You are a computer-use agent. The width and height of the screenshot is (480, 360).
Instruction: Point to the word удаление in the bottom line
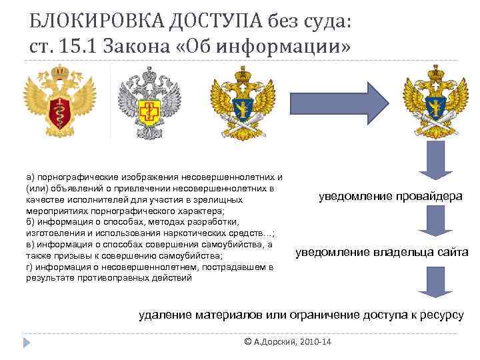(x=163, y=314)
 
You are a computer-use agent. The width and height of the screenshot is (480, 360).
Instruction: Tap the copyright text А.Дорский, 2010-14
(x=292, y=342)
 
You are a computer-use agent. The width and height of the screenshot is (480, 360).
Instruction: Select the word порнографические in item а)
(x=77, y=177)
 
